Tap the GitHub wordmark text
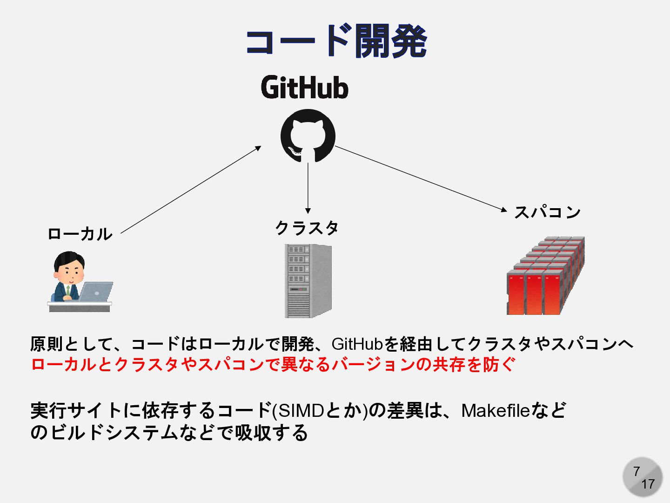[x=305, y=88]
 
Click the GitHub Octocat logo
[x=308, y=136]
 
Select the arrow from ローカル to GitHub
[x=191, y=190]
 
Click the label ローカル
[x=80, y=234]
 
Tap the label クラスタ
[x=307, y=228]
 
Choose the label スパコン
[x=547, y=212]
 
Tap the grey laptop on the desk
[x=96, y=291]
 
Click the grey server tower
[x=308, y=281]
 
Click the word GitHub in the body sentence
[x=357, y=344]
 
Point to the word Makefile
[x=496, y=411]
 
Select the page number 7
[x=636, y=471]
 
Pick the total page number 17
[x=648, y=484]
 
